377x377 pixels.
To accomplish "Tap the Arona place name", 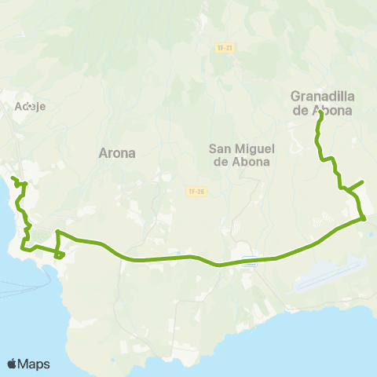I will (x=117, y=153).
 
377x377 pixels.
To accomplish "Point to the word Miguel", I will (x=254, y=148).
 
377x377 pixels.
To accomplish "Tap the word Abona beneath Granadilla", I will (x=333, y=111).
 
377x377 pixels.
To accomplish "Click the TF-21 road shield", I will (x=225, y=48).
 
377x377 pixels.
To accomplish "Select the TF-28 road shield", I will (x=196, y=191).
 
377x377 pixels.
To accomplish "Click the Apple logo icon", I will (x=13, y=364).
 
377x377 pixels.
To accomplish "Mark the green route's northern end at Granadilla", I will (x=321, y=114).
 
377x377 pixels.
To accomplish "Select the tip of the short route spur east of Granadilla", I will (x=362, y=182).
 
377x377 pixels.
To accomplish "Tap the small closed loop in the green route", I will (x=59, y=254).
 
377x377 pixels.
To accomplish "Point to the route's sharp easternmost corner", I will (x=365, y=219).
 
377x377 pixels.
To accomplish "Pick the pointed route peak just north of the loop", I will (x=57, y=232).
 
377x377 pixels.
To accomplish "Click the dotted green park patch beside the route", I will (x=317, y=224).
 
